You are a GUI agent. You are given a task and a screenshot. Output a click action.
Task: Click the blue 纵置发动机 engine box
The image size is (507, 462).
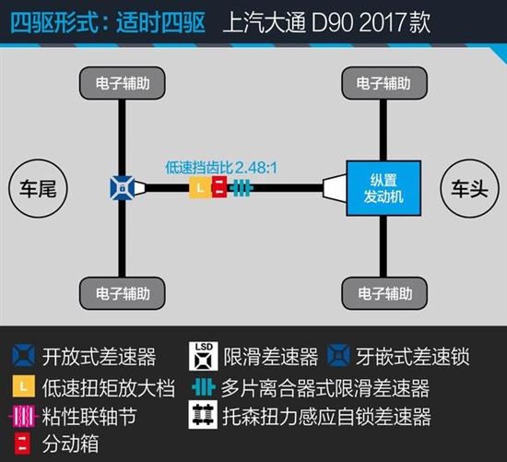click(383, 188)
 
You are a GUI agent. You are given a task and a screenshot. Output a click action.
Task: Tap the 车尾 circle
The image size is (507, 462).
click(38, 189)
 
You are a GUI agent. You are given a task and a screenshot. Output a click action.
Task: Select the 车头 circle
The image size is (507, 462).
click(469, 189)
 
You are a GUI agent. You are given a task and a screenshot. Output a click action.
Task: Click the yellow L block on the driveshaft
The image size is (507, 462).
click(200, 187)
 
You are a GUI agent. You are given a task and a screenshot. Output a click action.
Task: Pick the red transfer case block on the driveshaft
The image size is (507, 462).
click(219, 187)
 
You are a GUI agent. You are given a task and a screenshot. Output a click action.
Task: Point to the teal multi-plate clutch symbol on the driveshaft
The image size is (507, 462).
click(241, 187)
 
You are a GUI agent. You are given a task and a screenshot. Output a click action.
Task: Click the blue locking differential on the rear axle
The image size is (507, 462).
click(123, 187)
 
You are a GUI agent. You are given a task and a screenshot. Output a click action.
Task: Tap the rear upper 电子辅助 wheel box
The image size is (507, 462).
click(123, 83)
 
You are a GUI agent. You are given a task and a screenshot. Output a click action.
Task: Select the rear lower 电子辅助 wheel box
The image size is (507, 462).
click(123, 293)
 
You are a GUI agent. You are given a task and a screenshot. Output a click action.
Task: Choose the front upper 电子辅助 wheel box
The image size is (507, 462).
click(384, 83)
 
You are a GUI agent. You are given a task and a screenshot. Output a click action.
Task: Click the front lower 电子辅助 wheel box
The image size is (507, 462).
click(384, 293)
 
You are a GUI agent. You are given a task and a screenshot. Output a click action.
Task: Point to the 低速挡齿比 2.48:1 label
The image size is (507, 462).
click(221, 168)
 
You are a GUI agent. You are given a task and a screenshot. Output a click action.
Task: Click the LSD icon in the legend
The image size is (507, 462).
click(204, 356)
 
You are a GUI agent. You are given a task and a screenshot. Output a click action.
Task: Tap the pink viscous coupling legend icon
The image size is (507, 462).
click(23, 416)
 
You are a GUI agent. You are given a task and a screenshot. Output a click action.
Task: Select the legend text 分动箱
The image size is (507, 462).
click(70, 444)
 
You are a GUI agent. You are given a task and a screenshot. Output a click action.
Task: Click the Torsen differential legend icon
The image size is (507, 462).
click(203, 415)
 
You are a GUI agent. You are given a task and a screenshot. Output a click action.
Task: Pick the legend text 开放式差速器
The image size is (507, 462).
click(99, 357)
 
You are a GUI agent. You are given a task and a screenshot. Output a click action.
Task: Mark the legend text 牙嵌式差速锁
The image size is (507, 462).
click(413, 357)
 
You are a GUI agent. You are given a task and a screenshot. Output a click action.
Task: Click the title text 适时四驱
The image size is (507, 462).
click(161, 22)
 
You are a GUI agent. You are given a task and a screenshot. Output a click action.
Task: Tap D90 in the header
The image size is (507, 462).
click(332, 23)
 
